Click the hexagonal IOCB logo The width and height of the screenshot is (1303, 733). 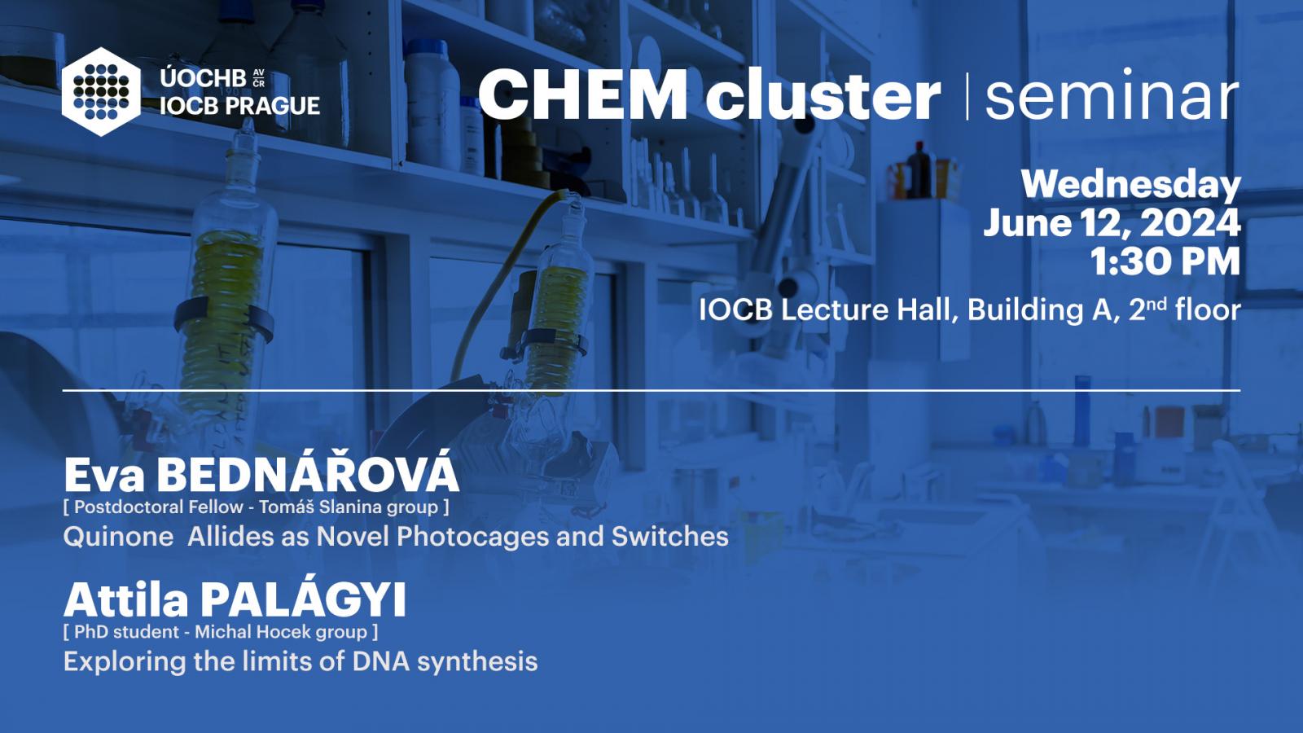point(101,92)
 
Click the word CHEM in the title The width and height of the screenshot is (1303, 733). point(583,94)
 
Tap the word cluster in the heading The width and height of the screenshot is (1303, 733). point(823,94)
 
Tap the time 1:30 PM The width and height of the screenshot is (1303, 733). point(1165,261)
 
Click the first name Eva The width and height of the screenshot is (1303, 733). point(104,476)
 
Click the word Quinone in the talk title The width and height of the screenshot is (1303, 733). point(118,537)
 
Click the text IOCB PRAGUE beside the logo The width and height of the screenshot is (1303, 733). point(239,105)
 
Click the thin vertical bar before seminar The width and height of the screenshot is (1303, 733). point(967,96)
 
